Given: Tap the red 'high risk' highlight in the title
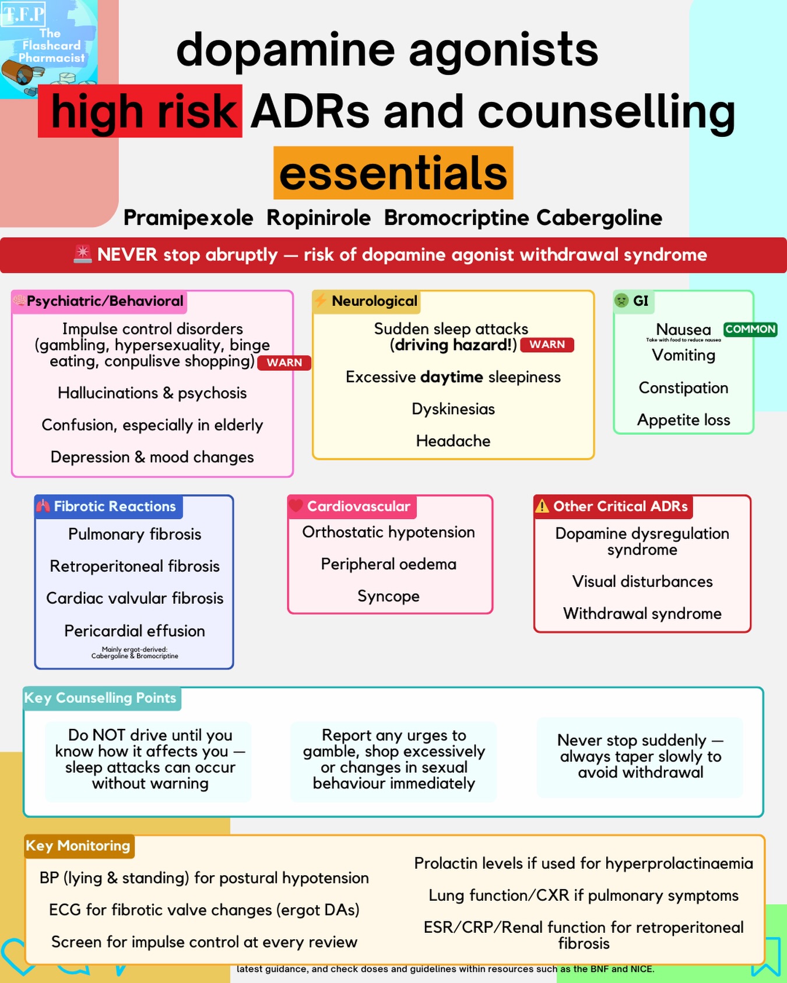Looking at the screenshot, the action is click(x=140, y=111).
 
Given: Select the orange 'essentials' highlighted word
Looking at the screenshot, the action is click(x=393, y=173).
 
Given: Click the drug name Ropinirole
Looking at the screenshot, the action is click(x=318, y=218).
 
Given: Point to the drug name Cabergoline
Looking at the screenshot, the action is click(x=599, y=218).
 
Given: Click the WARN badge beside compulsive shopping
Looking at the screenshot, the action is click(x=284, y=362).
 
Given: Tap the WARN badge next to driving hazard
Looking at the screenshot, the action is click(x=547, y=344).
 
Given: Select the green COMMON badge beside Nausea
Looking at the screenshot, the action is click(x=750, y=329).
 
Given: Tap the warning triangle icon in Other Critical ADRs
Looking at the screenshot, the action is click(x=542, y=506).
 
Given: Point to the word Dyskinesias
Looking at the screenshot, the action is click(x=453, y=409).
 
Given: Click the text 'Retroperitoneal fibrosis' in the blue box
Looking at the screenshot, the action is click(x=135, y=566).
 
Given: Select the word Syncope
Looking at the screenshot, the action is click(x=388, y=596).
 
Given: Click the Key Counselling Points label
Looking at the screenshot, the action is click(x=100, y=698).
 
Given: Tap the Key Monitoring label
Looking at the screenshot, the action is click(x=78, y=845).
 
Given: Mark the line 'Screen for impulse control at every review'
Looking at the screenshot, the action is click(x=204, y=942).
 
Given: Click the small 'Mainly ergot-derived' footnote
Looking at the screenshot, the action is click(x=135, y=653).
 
